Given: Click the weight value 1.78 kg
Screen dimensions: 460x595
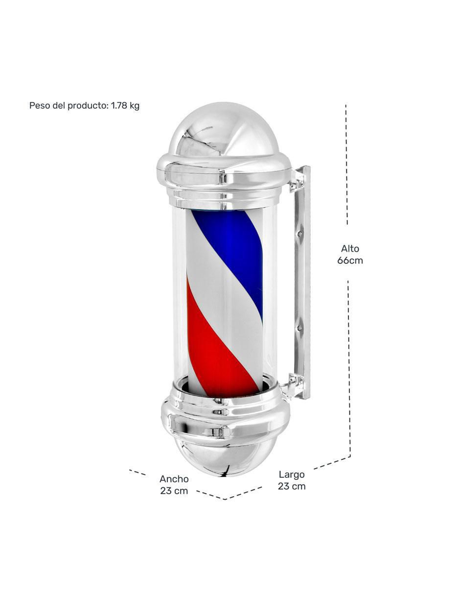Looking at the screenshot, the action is (125, 106).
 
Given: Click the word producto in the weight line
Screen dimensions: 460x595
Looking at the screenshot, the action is (88, 106).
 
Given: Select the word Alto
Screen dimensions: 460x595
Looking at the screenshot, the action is (350, 249).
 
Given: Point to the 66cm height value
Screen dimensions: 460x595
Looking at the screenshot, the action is (350, 261).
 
